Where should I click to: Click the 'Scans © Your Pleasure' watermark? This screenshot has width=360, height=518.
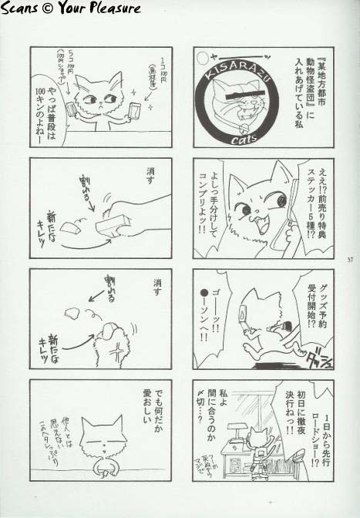click(71, 8)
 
